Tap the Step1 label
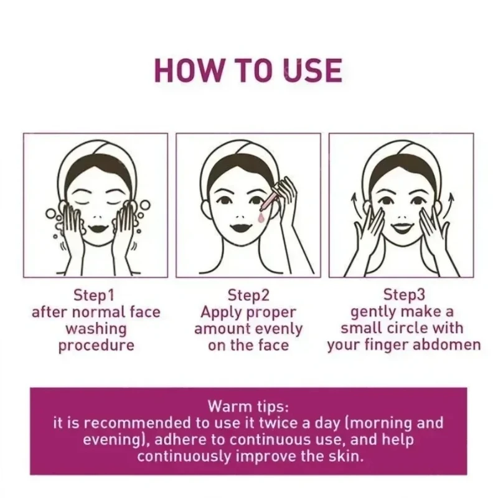click(x=95, y=294)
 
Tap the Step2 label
click(x=248, y=294)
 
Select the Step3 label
click(x=403, y=294)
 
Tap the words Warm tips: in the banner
click(x=248, y=407)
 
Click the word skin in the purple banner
click(x=344, y=456)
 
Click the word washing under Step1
click(x=96, y=329)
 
